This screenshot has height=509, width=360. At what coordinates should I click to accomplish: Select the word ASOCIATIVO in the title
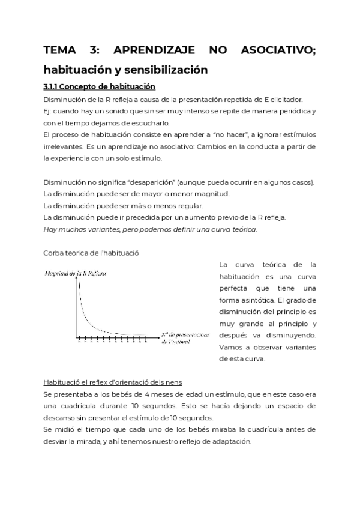click(277, 50)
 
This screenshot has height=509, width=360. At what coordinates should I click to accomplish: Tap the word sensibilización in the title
click(163, 70)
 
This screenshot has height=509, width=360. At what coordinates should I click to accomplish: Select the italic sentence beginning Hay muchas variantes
click(151, 230)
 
